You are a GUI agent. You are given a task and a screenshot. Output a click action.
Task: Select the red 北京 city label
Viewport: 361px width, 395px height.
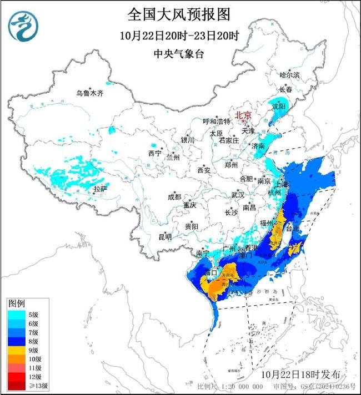(x=243, y=115)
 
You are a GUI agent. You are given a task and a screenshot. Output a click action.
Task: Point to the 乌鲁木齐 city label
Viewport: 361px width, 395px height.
(x=90, y=93)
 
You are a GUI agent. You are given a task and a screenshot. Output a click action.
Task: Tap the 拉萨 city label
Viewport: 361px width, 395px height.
(x=100, y=189)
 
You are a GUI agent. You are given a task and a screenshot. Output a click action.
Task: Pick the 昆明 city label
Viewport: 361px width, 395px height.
(x=166, y=237)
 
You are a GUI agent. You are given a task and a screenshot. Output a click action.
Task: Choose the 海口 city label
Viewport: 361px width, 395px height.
(x=210, y=274)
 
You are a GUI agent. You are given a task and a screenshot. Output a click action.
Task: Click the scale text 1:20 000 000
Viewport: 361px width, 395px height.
(x=242, y=386)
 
